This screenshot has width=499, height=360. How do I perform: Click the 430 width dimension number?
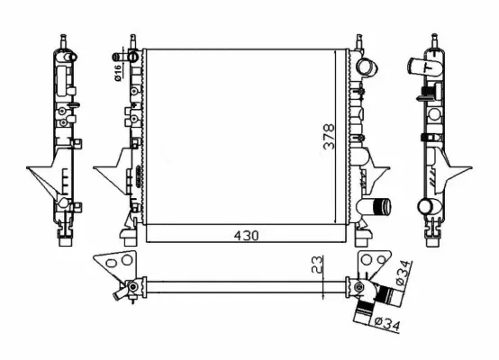pyautogui.click(x=246, y=236)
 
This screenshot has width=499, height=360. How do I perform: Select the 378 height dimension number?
pyautogui.click(x=330, y=137)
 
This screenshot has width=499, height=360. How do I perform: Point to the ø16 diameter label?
pyautogui.click(x=119, y=70)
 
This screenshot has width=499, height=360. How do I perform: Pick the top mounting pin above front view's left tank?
pyautogui.click(x=132, y=41)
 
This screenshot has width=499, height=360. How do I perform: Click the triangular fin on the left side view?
pyautogui.click(x=42, y=178)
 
